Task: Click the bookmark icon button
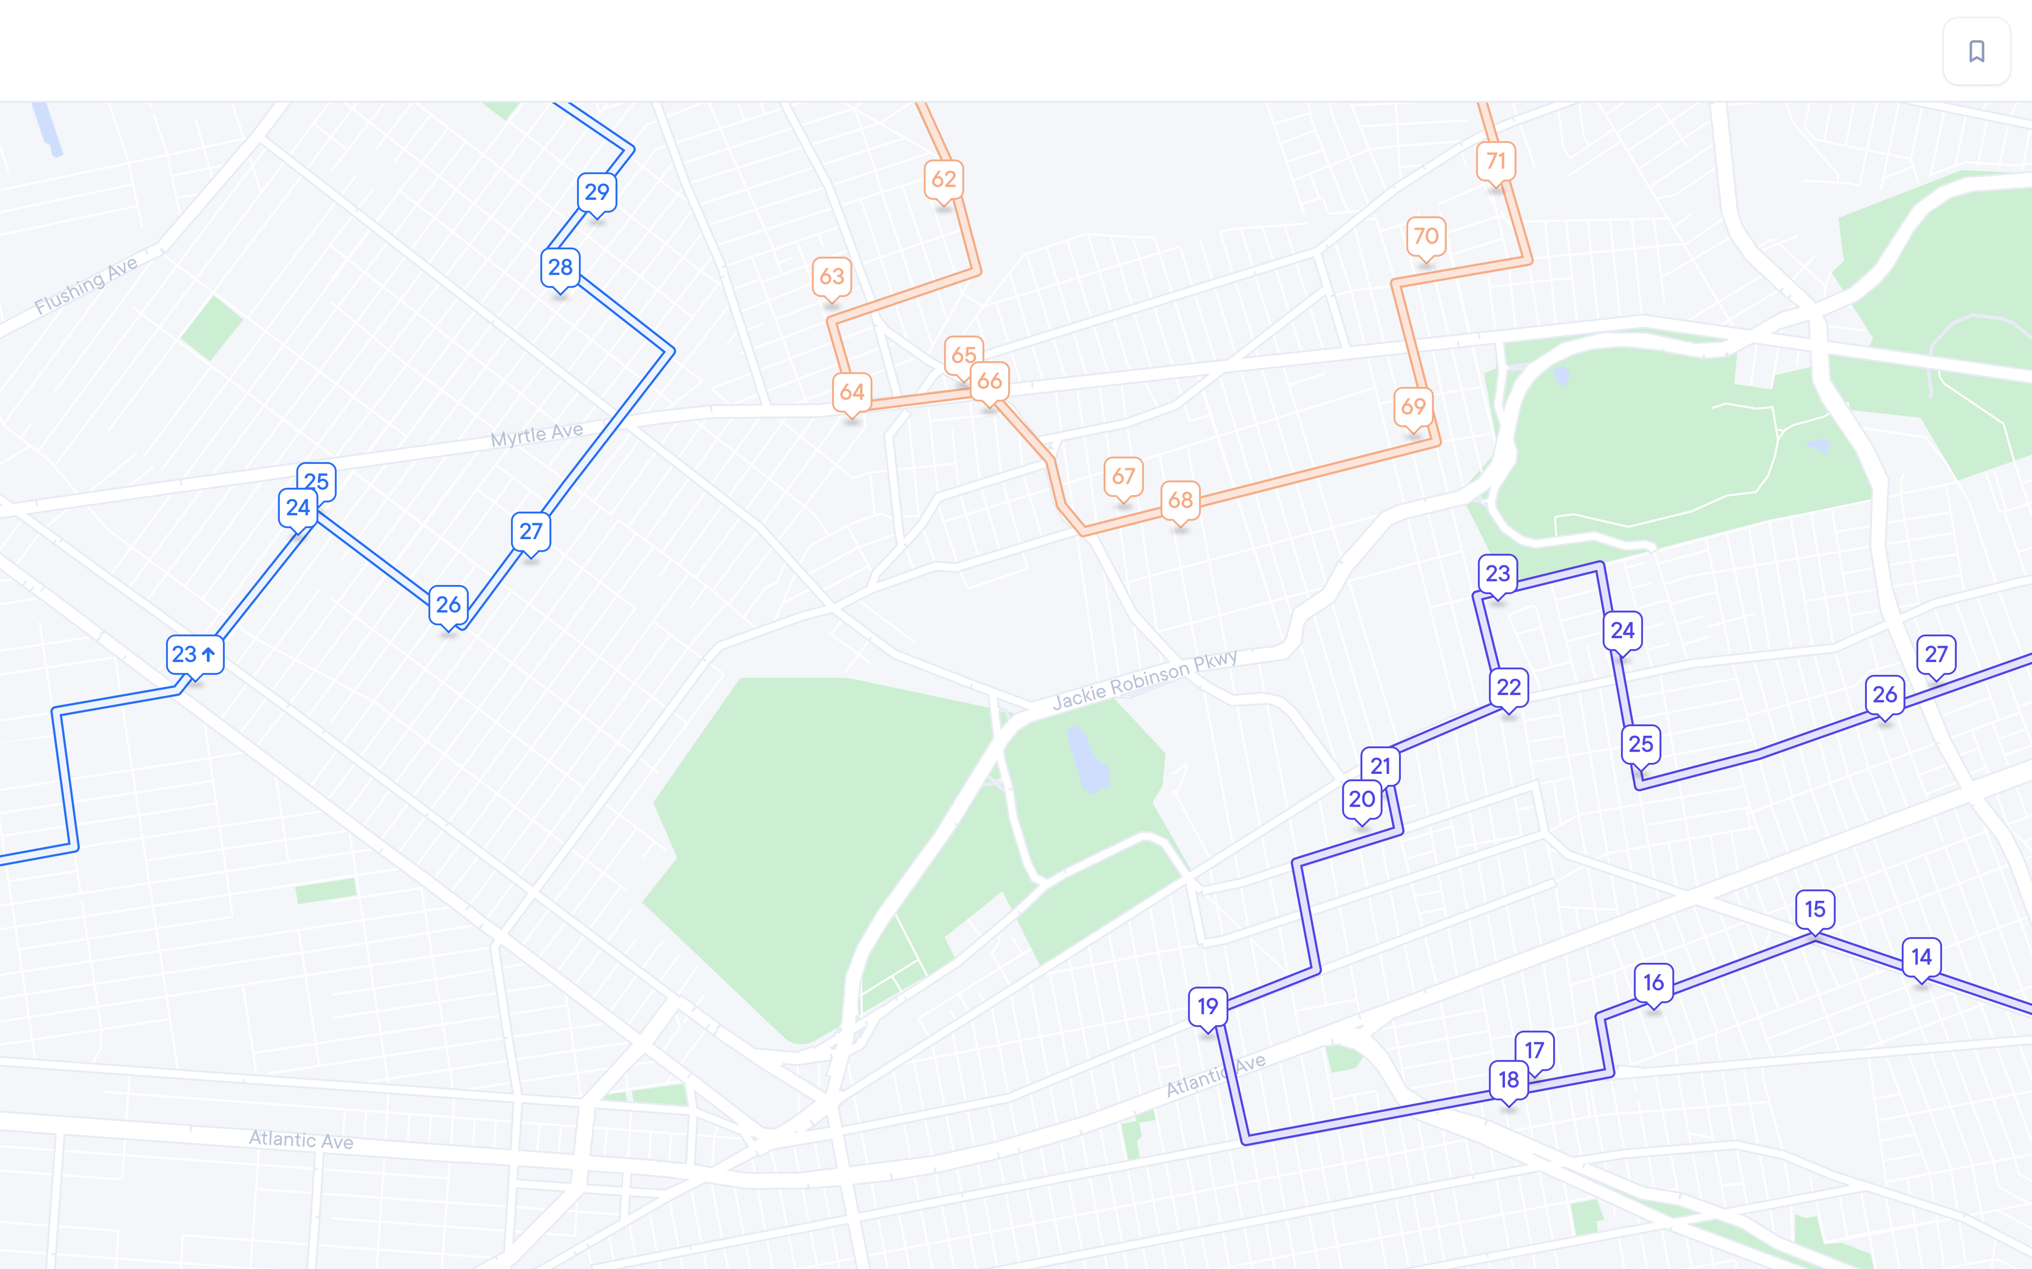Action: tap(1976, 51)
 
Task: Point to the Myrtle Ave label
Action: tap(537, 435)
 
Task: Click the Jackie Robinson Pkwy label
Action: tap(1144, 680)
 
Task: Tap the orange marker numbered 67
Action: tap(1123, 477)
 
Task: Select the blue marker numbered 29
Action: tap(597, 192)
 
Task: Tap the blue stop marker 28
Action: tap(560, 268)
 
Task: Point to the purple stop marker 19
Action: tap(1208, 1006)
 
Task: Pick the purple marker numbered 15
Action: tap(1815, 909)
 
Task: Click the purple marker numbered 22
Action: tap(1508, 687)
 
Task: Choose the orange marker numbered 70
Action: tap(1426, 236)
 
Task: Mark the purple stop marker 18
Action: tap(1508, 1079)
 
